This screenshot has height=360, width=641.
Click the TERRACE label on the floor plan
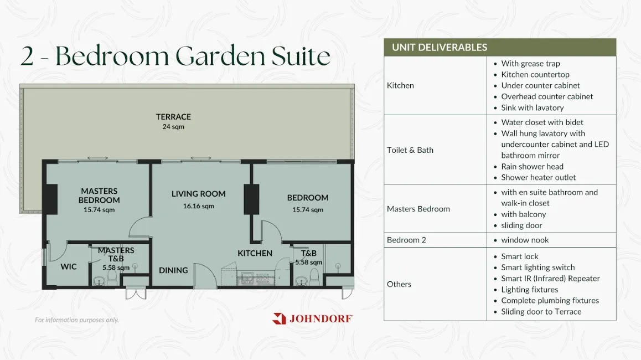coord(173,117)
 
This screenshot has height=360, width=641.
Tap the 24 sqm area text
coord(173,127)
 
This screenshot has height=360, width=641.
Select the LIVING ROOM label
coord(198,194)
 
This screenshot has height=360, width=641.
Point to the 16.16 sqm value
coord(198,206)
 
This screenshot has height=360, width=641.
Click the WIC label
coord(68,267)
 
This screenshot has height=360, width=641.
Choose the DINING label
coord(173,270)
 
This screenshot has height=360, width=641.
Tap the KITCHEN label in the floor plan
coord(255,253)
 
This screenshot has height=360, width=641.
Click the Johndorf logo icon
coord(279,318)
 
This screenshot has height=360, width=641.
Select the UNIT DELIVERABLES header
coord(440,48)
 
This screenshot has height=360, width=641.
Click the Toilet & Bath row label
coord(410,150)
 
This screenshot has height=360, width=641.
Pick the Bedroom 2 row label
coord(406,240)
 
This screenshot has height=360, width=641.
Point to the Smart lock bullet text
coord(520,256)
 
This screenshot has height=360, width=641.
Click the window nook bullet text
coord(525,240)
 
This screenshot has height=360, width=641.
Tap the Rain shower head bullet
coord(533,167)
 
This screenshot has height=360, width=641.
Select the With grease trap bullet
coord(531,63)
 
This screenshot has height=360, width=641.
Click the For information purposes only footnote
coord(77,320)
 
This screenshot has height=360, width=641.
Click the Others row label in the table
coord(399,284)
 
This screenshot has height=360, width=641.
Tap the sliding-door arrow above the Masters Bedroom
coord(98,158)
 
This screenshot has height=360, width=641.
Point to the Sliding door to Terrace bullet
coord(541,312)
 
